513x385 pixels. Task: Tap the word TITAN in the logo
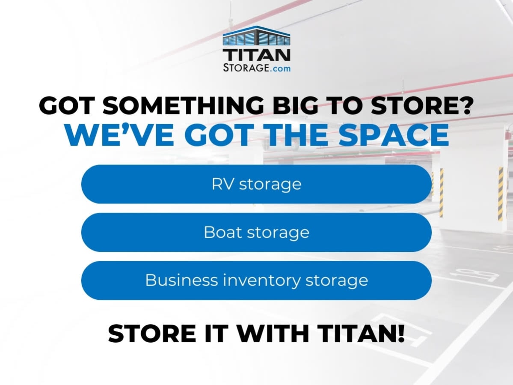257,55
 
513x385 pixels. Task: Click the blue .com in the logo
280,69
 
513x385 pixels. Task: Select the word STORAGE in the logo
246,67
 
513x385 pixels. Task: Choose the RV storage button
257,184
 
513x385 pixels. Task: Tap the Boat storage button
257,233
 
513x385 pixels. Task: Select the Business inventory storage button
257,281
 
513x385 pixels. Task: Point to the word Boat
223,232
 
